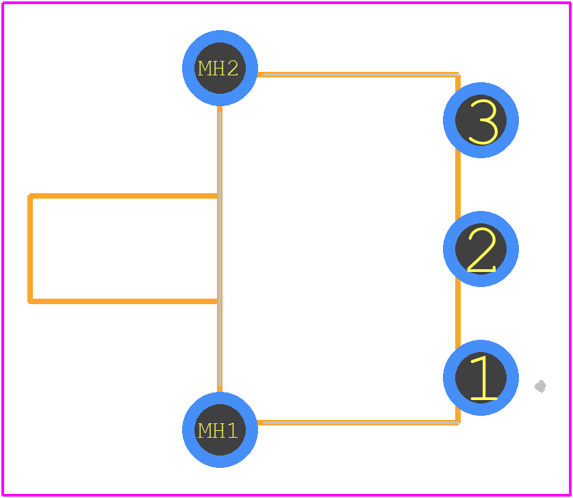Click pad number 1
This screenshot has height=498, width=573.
pos(481,377)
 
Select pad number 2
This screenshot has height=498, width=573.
pos(481,249)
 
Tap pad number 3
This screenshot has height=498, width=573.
pos(481,120)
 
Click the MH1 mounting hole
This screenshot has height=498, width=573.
pos(220,429)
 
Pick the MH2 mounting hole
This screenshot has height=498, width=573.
pos(220,68)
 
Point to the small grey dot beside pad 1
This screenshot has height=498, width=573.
pos(540,386)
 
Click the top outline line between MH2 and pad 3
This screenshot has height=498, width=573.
pos(358,75)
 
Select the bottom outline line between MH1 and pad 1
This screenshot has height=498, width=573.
pos(358,423)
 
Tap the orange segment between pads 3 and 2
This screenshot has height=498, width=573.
pos(457,184)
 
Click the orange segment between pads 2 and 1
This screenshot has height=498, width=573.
pos(457,313)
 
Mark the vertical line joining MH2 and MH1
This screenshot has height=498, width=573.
pos(219,249)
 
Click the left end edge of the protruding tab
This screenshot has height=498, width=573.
pos(30,249)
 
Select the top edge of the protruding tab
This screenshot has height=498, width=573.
pos(123,196)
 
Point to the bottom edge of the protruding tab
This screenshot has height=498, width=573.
pos(123,301)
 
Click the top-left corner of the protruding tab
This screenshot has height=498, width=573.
pos(30,196)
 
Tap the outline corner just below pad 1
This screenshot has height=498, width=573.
pos(457,423)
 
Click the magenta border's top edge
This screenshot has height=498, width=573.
pos(286,3)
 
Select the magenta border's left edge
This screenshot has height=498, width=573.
pos(3,249)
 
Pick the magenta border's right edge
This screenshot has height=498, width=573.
pos(570,249)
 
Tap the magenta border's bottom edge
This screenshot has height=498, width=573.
pos(286,495)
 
